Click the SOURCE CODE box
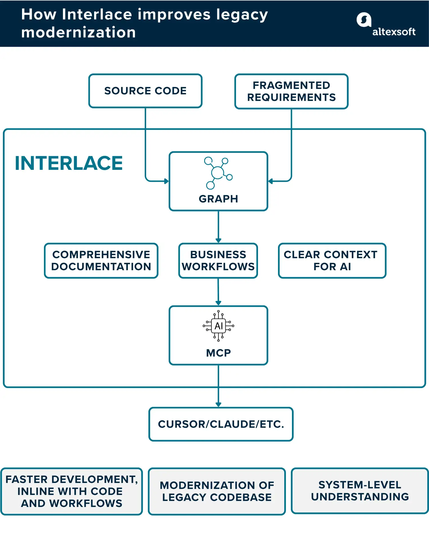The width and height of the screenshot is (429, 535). (145, 91)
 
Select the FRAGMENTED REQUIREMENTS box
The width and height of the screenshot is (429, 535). (291, 92)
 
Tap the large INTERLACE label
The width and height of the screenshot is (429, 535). (69, 163)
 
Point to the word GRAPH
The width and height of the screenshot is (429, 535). (218, 199)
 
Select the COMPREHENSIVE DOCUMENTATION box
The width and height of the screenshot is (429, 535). (101, 260)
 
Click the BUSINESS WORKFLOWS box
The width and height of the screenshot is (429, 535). (218, 260)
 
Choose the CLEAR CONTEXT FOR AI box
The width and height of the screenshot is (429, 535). (332, 260)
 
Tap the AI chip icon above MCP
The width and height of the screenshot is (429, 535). (218, 326)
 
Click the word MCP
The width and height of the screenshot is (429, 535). (218, 353)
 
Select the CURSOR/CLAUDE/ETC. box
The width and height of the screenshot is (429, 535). (221, 424)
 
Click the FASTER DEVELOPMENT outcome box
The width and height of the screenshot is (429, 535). (71, 491)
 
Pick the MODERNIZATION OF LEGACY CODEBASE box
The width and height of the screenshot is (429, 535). (217, 491)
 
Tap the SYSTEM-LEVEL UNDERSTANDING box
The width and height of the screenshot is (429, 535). (360, 491)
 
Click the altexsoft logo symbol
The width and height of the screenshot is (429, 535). (364, 20)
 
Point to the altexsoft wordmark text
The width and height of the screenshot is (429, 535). (394, 32)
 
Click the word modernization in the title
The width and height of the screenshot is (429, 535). (78, 32)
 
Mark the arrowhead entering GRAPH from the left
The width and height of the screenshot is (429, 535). (166, 181)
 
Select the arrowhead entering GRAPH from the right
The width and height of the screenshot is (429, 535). (271, 181)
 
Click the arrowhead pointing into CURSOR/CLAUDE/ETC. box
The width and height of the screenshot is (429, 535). (218, 404)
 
